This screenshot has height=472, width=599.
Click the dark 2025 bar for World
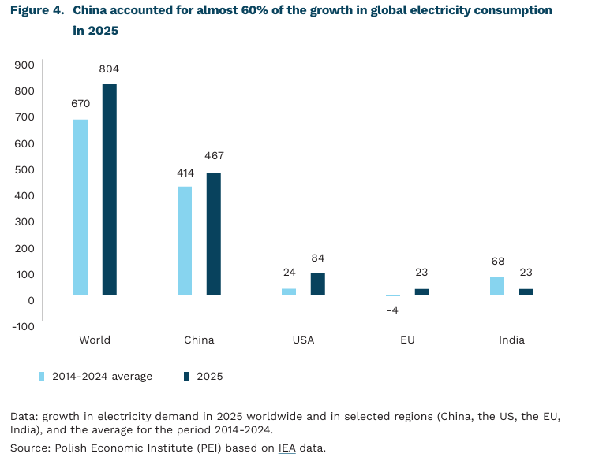click(x=109, y=190)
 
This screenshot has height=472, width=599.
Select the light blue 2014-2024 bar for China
click(x=185, y=241)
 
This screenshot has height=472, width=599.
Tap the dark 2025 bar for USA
click(x=317, y=284)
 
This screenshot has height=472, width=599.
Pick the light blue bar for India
click(x=497, y=286)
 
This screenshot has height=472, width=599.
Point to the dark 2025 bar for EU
click(x=422, y=292)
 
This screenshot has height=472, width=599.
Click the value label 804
click(x=109, y=69)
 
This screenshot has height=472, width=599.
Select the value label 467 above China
click(x=214, y=156)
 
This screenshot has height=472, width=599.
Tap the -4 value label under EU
click(x=392, y=310)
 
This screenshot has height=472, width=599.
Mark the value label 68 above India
click(x=497, y=261)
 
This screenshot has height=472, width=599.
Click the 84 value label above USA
click(x=318, y=258)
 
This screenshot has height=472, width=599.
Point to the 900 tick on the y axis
click(x=24, y=65)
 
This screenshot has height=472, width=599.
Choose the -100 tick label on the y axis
click(x=23, y=325)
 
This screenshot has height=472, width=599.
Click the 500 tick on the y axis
click(x=24, y=169)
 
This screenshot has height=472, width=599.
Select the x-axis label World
click(x=95, y=340)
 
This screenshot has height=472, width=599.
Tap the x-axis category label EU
click(x=407, y=340)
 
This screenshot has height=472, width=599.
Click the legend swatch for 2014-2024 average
click(x=42, y=377)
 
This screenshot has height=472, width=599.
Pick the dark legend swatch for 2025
click(x=186, y=377)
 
